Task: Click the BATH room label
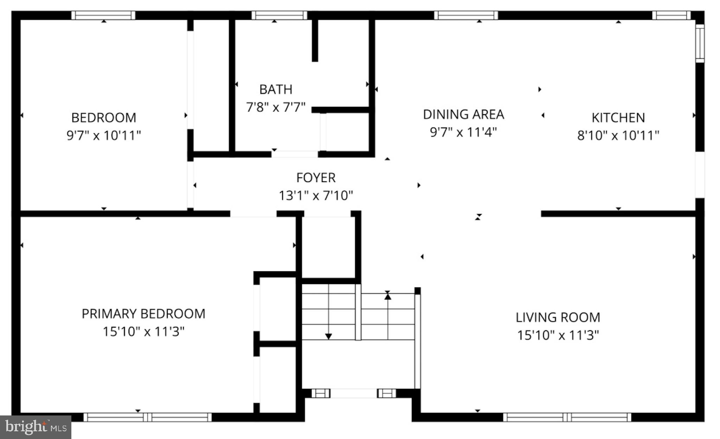[276, 90]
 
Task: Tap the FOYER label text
[316, 178]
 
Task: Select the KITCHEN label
[618, 118]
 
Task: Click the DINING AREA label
[463, 115]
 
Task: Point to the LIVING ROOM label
[558, 317]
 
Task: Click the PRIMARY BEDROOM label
[143, 314]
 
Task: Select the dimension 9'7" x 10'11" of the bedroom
[104, 135]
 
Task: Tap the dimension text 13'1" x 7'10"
[316, 195]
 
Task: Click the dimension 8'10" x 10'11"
[618, 135]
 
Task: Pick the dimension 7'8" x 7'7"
[276, 107]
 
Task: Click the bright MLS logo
[36, 427]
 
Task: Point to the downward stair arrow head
[328, 336]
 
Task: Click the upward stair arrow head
[388, 296]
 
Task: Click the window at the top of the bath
[279, 15]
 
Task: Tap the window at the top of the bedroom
[103, 15]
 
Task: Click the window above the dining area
[466, 15]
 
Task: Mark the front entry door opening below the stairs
[353, 393]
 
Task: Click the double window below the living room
[567, 417]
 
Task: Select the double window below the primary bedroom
[148, 417]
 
